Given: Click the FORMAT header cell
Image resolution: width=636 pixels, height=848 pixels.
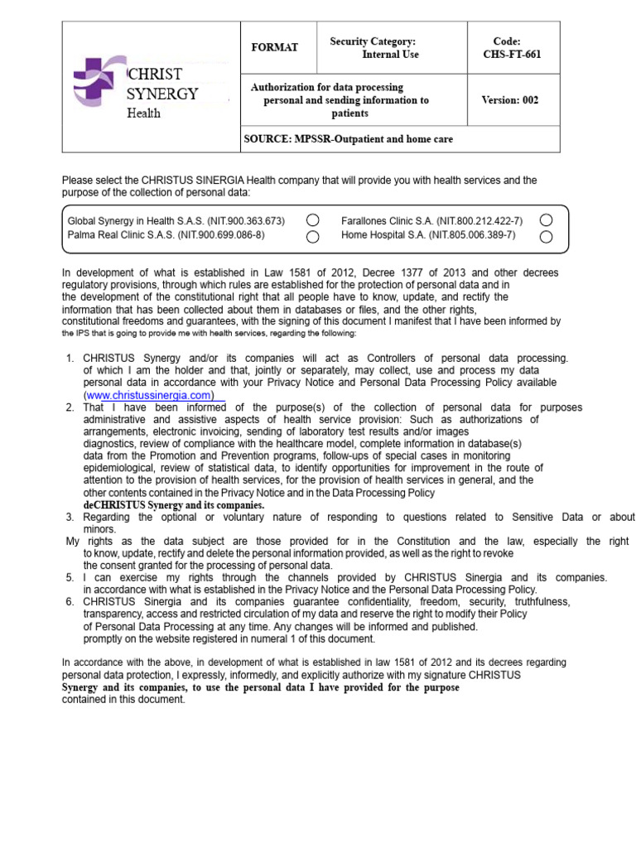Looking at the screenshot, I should (274, 47).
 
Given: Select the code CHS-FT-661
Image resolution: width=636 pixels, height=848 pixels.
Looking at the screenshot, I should (512, 55).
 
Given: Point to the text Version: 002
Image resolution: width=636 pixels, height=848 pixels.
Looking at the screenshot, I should (509, 100).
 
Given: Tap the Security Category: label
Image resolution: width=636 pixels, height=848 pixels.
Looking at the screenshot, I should (373, 41).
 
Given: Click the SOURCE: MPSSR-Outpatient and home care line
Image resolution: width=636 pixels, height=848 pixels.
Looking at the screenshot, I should (349, 139).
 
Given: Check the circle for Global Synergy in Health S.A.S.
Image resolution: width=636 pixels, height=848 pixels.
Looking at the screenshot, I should (312, 220).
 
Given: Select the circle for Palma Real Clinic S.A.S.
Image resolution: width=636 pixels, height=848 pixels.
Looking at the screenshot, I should (312, 237).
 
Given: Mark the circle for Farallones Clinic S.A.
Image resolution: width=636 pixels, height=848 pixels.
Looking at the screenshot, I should (546, 220).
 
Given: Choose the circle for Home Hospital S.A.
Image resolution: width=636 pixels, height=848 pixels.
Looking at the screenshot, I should (546, 237).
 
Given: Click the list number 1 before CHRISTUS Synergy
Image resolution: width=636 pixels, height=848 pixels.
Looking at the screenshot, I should (70, 359).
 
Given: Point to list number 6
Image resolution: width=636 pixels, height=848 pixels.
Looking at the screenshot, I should (70, 602).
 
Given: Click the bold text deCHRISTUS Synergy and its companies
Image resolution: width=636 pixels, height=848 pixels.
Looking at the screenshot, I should (174, 505).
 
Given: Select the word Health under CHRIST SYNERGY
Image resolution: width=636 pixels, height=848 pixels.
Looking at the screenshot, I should (143, 113).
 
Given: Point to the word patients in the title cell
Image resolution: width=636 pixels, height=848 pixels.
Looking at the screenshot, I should (350, 113).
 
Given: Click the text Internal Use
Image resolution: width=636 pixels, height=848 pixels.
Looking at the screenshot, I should (390, 55).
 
